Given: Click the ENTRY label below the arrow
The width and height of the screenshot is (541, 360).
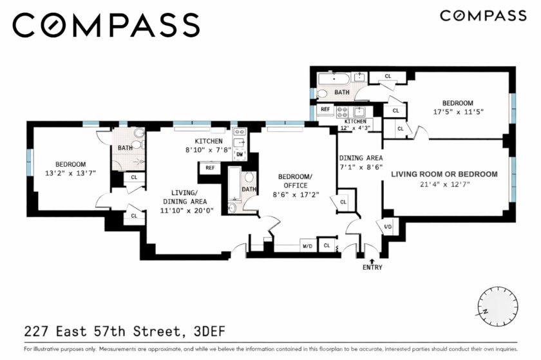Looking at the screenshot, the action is (372, 267).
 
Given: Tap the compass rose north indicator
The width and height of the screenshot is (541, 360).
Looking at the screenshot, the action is (485, 312).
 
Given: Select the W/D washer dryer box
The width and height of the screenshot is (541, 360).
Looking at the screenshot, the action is (308, 246).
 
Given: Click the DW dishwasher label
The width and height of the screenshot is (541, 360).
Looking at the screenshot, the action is (240, 155).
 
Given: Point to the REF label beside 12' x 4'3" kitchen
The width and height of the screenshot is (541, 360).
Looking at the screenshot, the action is (325, 109).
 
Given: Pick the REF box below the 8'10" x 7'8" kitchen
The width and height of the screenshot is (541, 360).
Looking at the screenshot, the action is (210, 167).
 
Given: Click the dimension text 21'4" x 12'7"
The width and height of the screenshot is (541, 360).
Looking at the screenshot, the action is (445, 184).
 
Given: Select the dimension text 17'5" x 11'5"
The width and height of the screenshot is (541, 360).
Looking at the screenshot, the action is (458, 112).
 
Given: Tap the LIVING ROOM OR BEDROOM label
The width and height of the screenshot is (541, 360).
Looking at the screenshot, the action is (444, 175).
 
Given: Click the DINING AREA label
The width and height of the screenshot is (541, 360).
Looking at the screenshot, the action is (361, 158).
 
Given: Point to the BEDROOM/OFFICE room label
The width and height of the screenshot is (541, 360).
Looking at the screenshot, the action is (296, 181).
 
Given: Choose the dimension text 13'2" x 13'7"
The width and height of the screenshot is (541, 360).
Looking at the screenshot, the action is (70, 173).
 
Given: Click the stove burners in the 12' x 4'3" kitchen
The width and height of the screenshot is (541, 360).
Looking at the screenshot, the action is (342, 112).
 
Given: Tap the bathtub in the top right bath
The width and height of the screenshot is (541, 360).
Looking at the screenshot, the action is (334, 79).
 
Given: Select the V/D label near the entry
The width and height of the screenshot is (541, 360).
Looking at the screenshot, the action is (388, 227).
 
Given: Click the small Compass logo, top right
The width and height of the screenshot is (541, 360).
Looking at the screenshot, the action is (483, 16).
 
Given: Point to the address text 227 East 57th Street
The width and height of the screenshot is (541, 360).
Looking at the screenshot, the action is (102, 332).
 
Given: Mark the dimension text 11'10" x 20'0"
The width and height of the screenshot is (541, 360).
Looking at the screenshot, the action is (187, 210).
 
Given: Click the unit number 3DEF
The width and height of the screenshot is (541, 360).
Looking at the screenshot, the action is (209, 332).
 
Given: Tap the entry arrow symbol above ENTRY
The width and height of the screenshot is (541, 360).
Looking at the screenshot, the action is (372, 261).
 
